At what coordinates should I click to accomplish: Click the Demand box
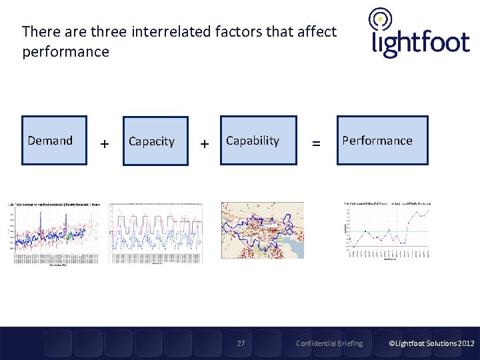pyautogui.click(x=54, y=140)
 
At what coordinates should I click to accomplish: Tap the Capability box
pyautogui.click(x=258, y=140)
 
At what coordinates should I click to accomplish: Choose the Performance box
pyautogui.click(x=382, y=140)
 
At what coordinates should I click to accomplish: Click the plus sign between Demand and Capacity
pyautogui.click(x=104, y=143)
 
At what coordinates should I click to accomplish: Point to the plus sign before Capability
pyautogui.click(x=204, y=143)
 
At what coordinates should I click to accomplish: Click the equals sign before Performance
pyautogui.click(x=316, y=143)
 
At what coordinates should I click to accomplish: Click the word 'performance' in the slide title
pyautogui.click(x=65, y=52)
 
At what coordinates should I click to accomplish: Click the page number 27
pyautogui.click(x=241, y=343)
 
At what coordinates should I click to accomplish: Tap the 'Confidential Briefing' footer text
pyautogui.click(x=329, y=343)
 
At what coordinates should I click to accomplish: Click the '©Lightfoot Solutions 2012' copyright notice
pyautogui.click(x=431, y=343)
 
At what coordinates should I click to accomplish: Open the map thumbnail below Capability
pyautogui.click(x=262, y=230)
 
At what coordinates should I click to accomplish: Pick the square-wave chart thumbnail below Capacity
pyautogui.click(x=155, y=232)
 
